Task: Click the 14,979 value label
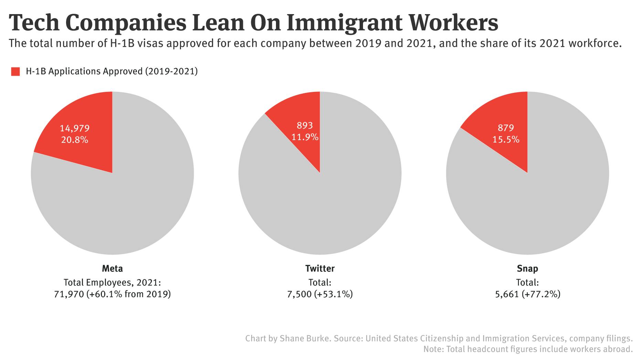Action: point(75,128)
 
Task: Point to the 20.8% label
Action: point(75,140)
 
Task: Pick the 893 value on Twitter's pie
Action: point(305,126)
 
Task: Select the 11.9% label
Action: point(305,137)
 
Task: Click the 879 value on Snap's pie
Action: point(506,128)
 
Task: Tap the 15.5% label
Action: point(506,140)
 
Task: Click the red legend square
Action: point(15,72)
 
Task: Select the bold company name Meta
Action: point(112,268)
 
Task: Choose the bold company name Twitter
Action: point(320,268)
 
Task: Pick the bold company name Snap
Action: point(527,268)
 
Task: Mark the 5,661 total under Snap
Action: point(506,294)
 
